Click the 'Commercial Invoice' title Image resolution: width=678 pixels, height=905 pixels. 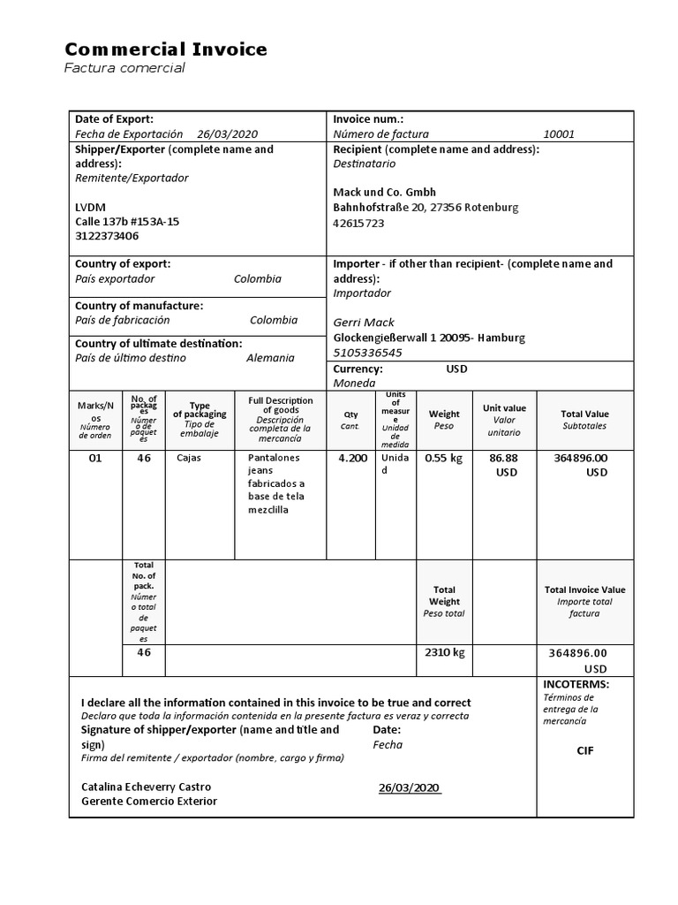[165, 49]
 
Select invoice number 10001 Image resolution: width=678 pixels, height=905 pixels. [558, 134]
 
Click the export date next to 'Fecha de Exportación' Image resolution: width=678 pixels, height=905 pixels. [227, 134]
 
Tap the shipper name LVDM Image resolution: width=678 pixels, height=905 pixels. [90, 207]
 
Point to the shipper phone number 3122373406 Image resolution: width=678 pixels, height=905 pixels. [107, 236]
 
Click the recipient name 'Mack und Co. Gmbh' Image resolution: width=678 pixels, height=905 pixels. [384, 192]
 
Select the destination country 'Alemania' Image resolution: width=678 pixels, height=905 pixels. [270, 358]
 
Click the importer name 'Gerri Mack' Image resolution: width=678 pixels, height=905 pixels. [364, 323]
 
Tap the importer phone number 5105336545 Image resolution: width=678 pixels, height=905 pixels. [367, 352]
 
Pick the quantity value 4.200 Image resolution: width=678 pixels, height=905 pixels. [352, 458]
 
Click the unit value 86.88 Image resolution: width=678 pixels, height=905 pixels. [503, 458]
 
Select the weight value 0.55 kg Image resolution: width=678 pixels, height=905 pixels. [444, 458]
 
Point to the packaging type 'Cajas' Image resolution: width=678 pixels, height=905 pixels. [188, 458]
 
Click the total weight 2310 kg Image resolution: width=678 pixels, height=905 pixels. [445, 652]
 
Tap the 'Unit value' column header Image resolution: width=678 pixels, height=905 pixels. [504, 408]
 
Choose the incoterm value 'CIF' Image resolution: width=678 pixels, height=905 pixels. [585, 750]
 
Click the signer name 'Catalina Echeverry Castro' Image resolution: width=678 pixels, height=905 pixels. [146, 787]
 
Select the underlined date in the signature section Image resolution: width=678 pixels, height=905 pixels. [409, 787]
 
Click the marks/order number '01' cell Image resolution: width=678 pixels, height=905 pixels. [95, 458]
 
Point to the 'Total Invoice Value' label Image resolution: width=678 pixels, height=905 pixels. [584, 589]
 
